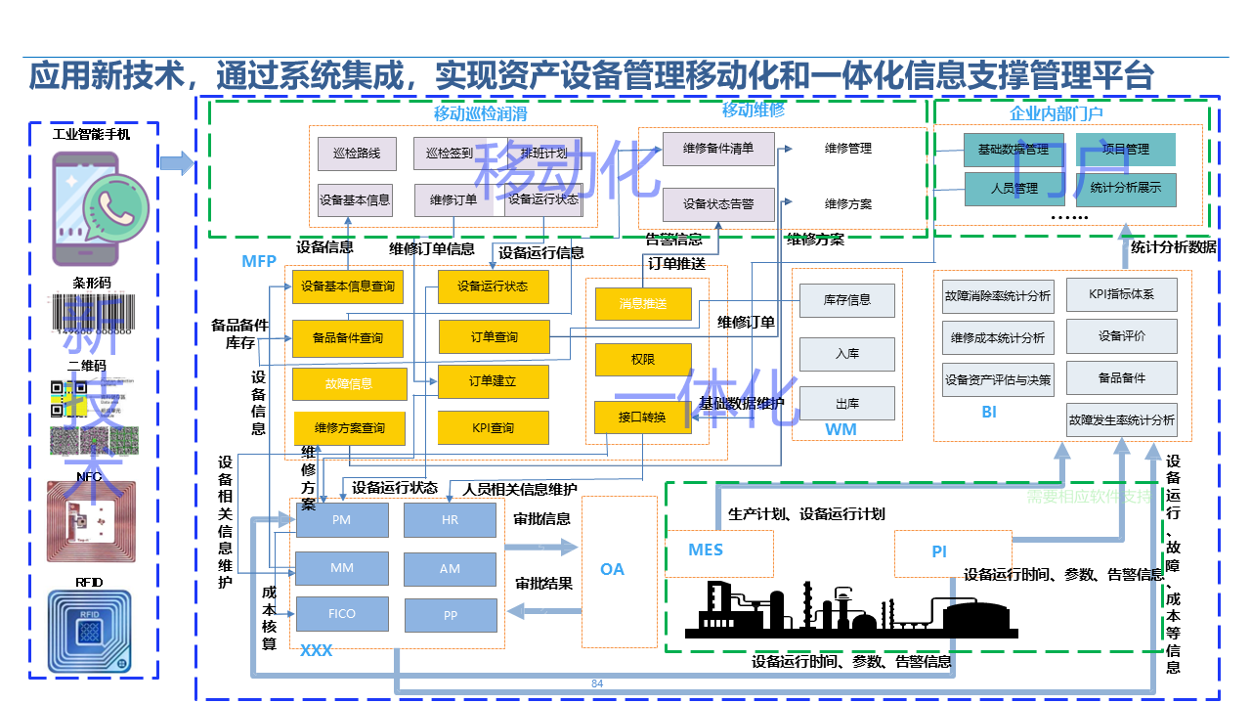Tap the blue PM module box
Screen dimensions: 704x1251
(x=341, y=520)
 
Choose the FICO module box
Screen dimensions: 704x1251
(x=341, y=614)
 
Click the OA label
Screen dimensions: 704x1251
(x=612, y=569)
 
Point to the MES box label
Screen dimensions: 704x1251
(x=706, y=550)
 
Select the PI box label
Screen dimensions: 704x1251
(x=939, y=552)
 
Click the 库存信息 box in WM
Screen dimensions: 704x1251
(x=846, y=300)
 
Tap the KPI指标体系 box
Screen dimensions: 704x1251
(x=1121, y=294)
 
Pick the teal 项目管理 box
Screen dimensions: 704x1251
(x=1125, y=150)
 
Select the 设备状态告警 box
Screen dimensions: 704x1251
(x=718, y=204)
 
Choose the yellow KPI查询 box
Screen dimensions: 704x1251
(x=493, y=428)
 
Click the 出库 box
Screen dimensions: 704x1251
(x=846, y=403)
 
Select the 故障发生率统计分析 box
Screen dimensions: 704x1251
(x=1121, y=420)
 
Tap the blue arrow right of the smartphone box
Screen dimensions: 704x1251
(x=176, y=163)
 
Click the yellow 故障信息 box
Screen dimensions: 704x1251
(x=348, y=383)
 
